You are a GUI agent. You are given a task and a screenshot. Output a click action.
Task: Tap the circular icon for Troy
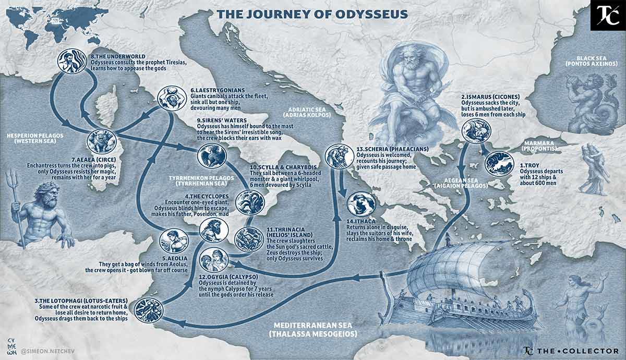point(499,163)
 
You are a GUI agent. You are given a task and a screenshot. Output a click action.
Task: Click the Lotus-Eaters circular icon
point(149,309)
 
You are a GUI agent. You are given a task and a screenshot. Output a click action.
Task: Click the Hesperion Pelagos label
point(35,138)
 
